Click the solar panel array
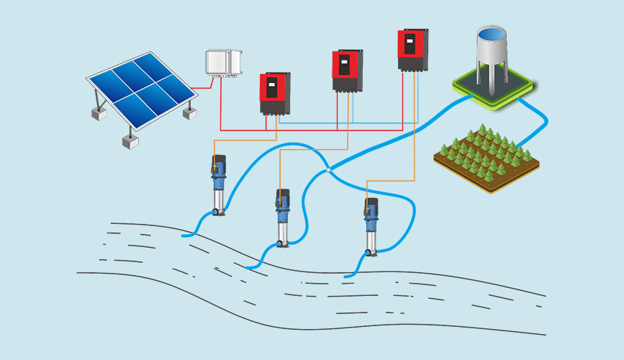[x=140, y=90]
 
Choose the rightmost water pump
[x=371, y=226]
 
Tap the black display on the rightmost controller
[x=410, y=42]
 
